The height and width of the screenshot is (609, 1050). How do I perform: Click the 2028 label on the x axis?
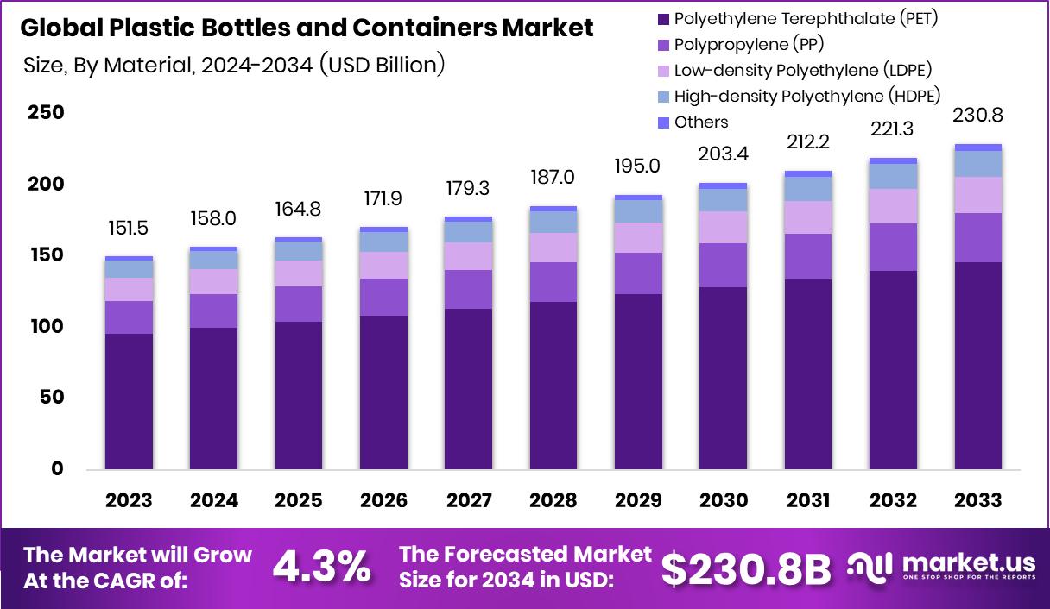[x=554, y=501]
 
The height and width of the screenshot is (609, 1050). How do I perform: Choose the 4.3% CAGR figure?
[x=322, y=567]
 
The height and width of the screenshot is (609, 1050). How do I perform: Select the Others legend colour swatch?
[x=663, y=123]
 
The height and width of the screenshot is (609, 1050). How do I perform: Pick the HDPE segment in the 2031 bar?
[x=808, y=189]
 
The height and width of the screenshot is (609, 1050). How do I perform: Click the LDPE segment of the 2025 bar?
[x=299, y=273]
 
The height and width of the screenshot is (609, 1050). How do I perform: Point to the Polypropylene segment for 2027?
[x=469, y=289]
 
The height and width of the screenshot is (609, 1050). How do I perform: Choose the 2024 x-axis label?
[x=214, y=501]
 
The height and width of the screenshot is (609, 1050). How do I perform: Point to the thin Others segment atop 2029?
[x=639, y=198]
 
